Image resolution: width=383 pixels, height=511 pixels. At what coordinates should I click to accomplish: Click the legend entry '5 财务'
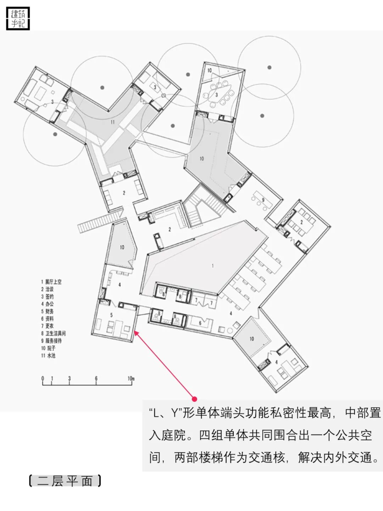[x=47, y=311]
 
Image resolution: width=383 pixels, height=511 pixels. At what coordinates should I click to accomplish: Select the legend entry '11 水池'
[x=48, y=356]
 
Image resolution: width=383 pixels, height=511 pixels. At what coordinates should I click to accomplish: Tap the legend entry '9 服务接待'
[x=51, y=341]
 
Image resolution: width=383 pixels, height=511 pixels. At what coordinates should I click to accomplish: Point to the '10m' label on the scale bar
[x=131, y=379]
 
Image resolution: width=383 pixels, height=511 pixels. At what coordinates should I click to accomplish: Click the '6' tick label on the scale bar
[x=96, y=379]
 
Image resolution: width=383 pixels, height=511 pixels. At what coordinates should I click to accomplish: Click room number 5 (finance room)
[x=111, y=315]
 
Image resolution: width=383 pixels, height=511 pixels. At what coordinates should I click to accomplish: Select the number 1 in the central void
[x=213, y=266]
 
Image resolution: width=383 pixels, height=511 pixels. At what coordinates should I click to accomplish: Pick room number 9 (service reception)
[x=263, y=200]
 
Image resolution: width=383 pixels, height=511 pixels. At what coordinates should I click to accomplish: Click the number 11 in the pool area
[x=113, y=122]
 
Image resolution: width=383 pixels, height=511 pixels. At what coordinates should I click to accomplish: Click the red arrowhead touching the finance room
[x=135, y=332]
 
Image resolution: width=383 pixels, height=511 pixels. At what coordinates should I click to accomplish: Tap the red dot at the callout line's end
[x=194, y=399]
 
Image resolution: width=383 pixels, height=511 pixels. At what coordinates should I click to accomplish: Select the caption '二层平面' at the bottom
[x=65, y=481]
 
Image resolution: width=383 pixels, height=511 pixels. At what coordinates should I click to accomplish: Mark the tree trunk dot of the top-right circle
[x=270, y=67]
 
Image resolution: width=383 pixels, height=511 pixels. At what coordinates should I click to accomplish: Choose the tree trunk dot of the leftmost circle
[x=55, y=134]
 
